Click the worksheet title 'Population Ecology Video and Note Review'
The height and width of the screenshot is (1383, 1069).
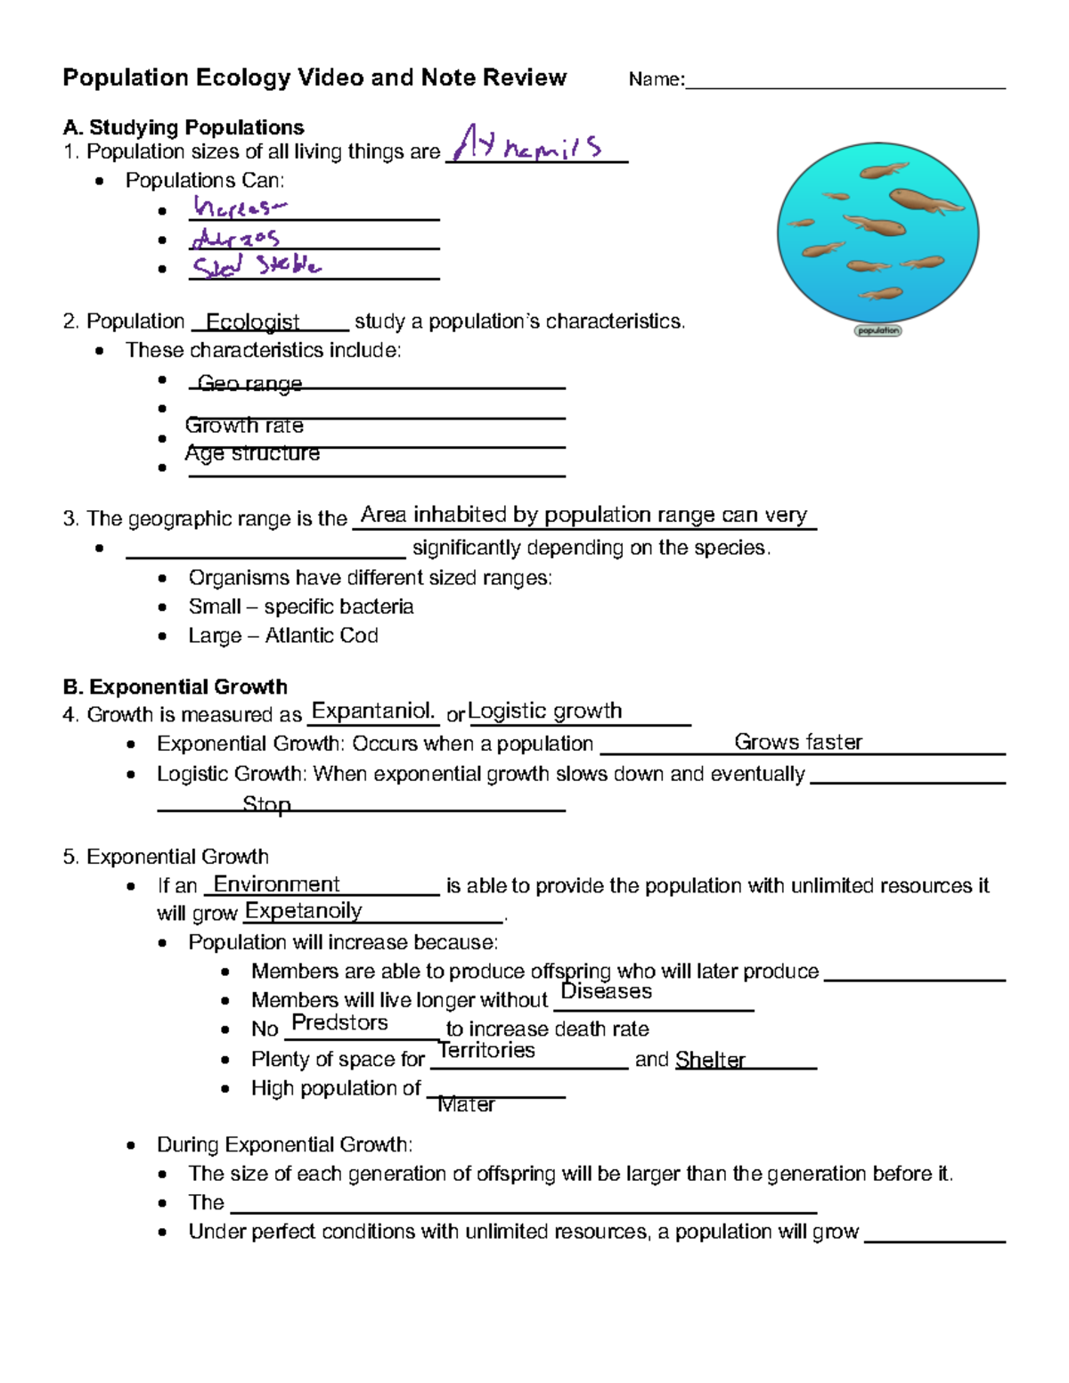pos(314,78)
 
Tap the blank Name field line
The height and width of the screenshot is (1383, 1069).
pos(845,82)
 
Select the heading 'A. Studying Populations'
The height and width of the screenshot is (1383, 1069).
pos(184,127)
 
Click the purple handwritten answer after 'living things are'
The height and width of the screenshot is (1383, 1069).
pos(527,144)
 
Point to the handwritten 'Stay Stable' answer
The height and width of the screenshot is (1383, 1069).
pos(257,265)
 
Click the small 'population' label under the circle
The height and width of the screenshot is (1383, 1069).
pos(878,330)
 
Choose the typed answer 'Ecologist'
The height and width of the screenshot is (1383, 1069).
pos(252,321)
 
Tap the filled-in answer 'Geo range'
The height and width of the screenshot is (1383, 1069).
pos(249,383)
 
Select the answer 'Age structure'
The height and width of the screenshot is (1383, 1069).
pos(252,453)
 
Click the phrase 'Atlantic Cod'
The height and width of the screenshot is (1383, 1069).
pos(322,636)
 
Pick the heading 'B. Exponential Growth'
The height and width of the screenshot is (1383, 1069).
pos(175,687)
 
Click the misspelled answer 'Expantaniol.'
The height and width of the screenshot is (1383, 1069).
pos(372,711)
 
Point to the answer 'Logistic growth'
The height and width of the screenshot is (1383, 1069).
pos(545,711)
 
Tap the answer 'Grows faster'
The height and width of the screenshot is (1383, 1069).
pos(798,742)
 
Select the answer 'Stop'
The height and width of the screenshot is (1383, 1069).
pos(266,804)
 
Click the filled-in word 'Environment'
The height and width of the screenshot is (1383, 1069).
pos(277,884)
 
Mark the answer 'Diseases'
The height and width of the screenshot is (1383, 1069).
pos(606,991)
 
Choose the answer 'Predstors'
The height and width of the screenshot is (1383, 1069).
pos(339,1022)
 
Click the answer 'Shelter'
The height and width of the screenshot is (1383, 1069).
pos(710,1059)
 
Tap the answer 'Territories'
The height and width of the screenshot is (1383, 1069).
pos(486,1050)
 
